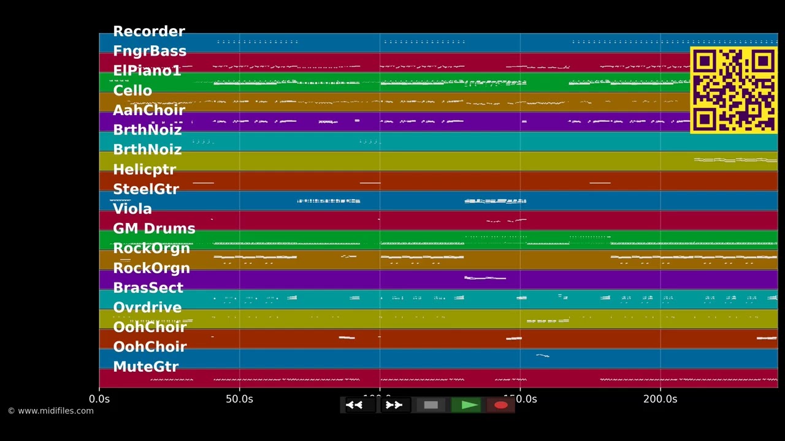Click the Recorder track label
pyautogui.click(x=148, y=32)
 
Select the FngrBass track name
pyautogui.click(x=149, y=51)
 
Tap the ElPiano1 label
pyautogui.click(x=147, y=71)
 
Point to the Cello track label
pyautogui.click(x=132, y=91)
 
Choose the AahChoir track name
pyautogui.click(x=148, y=110)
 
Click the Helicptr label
pyautogui.click(x=144, y=170)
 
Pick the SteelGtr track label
pyautogui.click(x=145, y=189)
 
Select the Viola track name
pyautogui.click(x=132, y=209)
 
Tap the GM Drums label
pyautogui.click(x=153, y=228)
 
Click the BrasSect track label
pyautogui.click(x=148, y=288)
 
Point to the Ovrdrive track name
pyautogui.click(x=147, y=307)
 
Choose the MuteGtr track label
pyautogui.click(x=145, y=367)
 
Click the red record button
pyautogui.click(x=500, y=405)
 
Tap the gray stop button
pyautogui.click(x=431, y=405)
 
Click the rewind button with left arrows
pyautogui.click(x=354, y=405)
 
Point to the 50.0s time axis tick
pyautogui.click(x=239, y=399)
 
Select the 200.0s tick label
pyautogui.click(x=660, y=399)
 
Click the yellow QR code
pyautogui.click(x=733, y=90)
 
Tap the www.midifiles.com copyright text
pyautogui.click(x=51, y=411)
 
